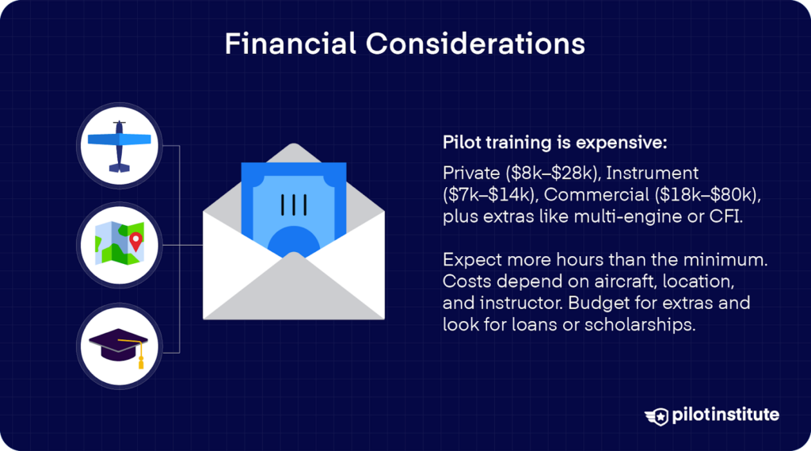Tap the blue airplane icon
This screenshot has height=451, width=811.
point(119,146)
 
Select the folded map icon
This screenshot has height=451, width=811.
point(119,243)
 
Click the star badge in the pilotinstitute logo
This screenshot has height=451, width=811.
point(657,415)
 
